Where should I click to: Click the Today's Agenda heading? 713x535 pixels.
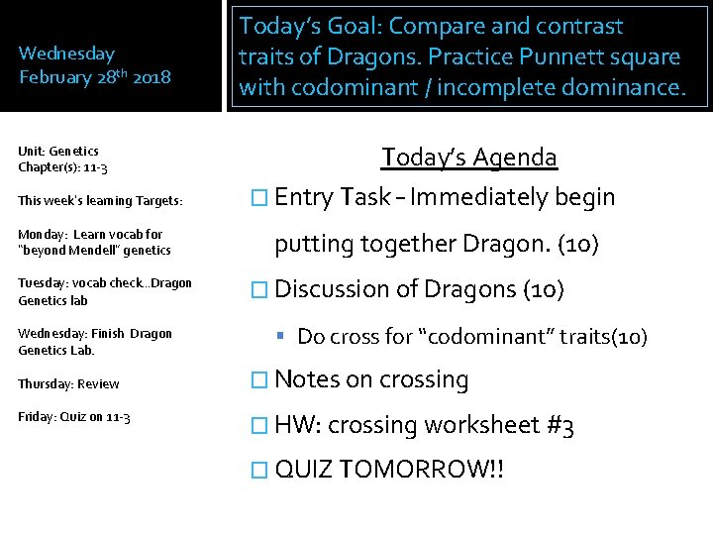(469, 158)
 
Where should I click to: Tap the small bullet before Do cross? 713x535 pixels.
(284, 338)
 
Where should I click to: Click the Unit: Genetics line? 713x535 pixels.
(58, 151)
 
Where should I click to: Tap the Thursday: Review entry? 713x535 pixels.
(68, 383)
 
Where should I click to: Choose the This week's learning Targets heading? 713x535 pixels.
(100, 201)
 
